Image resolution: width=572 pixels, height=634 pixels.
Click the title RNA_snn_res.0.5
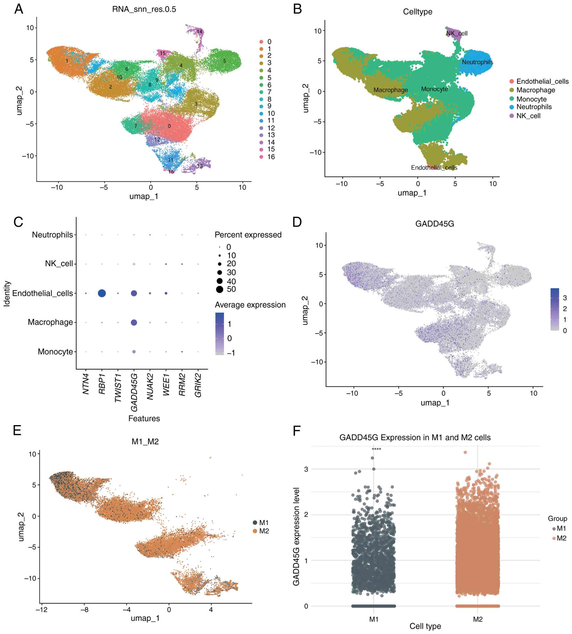point(144,9)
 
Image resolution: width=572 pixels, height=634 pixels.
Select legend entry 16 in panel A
point(271,157)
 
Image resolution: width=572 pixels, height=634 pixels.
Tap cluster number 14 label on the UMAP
point(199,32)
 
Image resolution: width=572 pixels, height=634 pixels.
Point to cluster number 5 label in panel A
point(224,61)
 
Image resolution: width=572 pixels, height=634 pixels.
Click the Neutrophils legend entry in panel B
point(534,107)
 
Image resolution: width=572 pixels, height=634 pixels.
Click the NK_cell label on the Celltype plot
point(457,33)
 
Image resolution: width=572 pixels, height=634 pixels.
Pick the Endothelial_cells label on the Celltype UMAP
point(434,168)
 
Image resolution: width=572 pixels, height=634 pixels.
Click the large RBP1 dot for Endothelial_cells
point(102,293)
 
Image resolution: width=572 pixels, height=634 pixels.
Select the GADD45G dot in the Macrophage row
point(134,322)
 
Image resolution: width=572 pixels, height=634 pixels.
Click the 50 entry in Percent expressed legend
point(231,289)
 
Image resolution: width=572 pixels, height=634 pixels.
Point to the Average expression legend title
point(250,305)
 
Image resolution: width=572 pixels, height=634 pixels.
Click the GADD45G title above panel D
point(435,224)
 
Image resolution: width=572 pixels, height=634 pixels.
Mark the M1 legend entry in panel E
point(263,523)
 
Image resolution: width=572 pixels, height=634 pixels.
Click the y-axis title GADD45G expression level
point(296,536)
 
